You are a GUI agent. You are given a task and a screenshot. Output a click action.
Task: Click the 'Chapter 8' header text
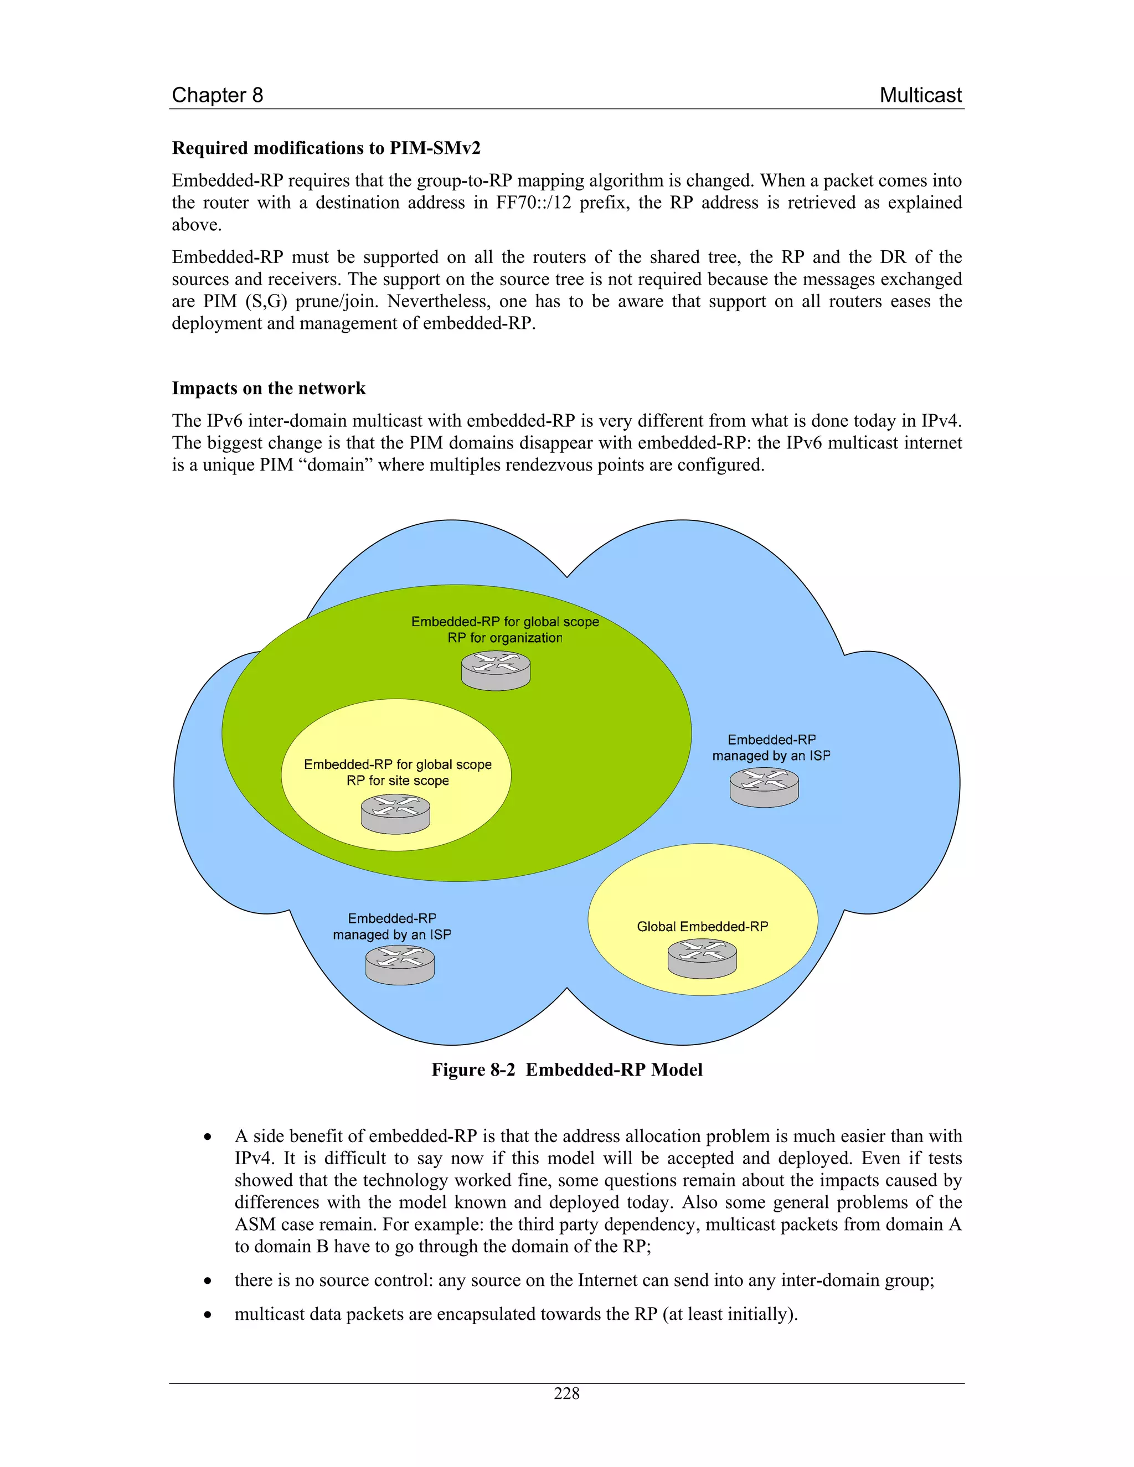point(217,95)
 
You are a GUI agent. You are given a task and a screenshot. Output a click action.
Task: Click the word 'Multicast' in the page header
point(920,95)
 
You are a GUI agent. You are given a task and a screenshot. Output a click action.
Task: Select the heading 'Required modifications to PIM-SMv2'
point(326,148)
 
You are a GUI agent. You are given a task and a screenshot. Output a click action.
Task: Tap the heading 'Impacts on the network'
point(269,388)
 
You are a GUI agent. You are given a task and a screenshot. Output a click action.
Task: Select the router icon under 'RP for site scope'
point(396,814)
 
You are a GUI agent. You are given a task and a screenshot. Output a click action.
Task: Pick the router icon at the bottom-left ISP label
point(400,965)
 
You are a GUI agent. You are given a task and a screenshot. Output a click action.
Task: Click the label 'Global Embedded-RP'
point(702,927)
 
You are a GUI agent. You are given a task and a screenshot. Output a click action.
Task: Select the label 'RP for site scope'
point(398,781)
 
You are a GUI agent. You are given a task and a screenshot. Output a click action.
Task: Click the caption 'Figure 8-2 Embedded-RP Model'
point(567,1070)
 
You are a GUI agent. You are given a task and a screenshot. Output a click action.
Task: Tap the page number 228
point(567,1394)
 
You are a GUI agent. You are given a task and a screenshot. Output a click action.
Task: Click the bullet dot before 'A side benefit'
point(208,1137)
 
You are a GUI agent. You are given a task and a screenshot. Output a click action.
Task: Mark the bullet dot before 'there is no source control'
point(208,1281)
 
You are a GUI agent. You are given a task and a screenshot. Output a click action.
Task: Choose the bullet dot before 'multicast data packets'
point(208,1315)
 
